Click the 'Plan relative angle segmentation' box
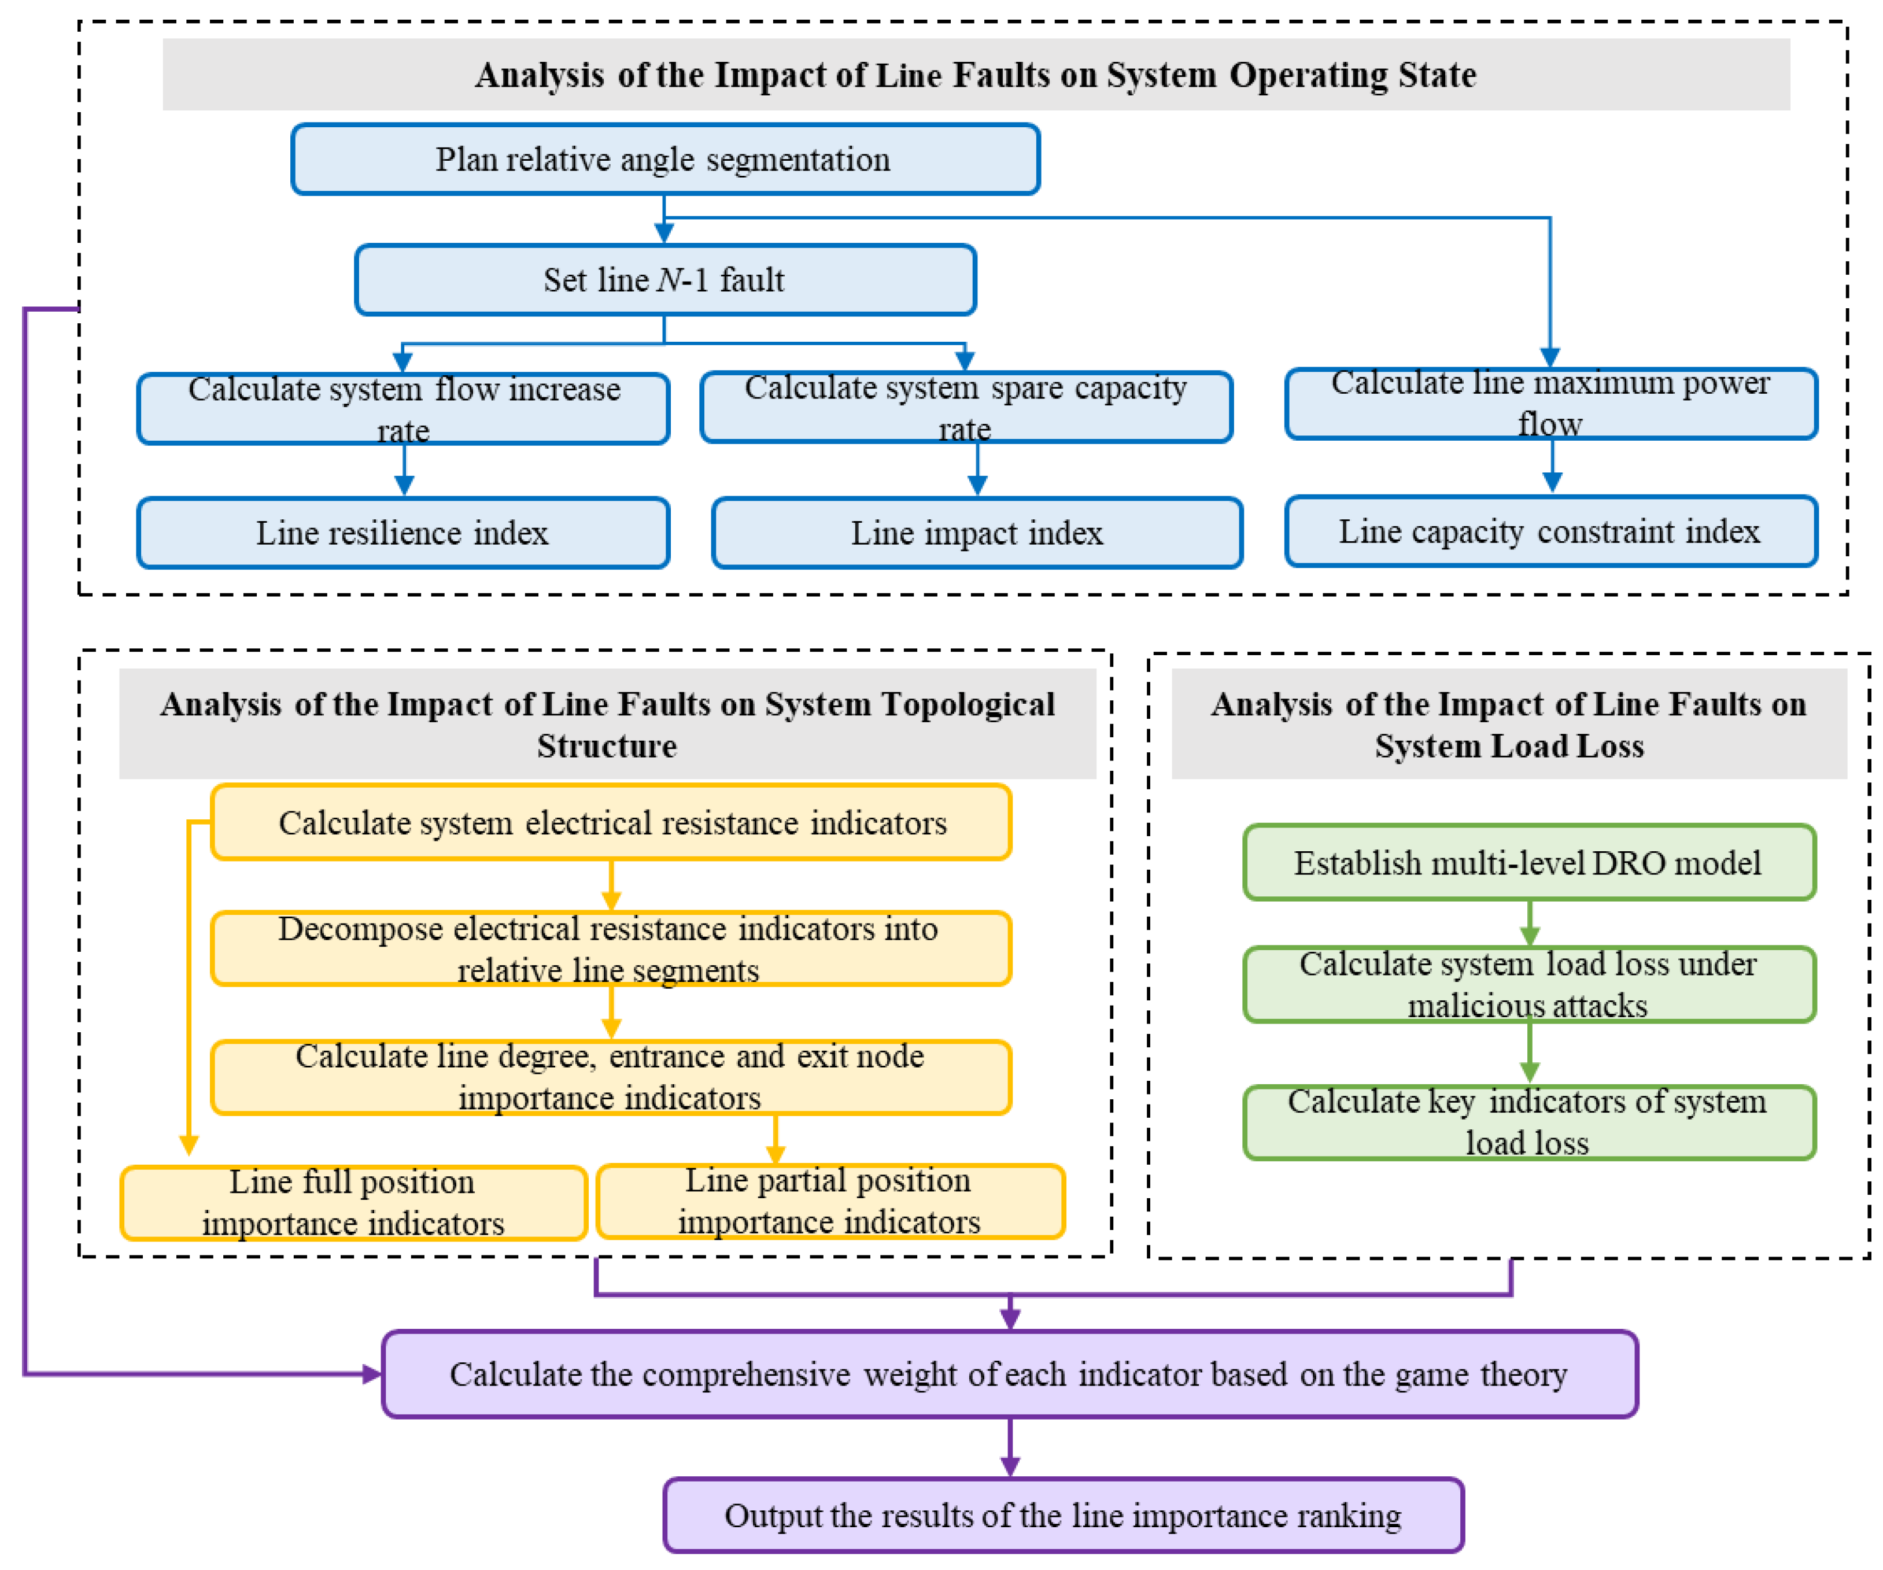tap(665, 160)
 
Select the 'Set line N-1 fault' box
tap(665, 280)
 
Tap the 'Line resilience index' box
tap(403, 533)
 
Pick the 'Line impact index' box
tap(976, 533)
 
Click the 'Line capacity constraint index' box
tap(1550, 531)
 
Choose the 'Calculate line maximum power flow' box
tap(1550, 404)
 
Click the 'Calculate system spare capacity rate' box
tap(966, 407)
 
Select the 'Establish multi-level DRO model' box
tap(1529, 863)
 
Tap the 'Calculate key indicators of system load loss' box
tap(1529, 1122)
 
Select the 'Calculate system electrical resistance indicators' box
tap(611, 822)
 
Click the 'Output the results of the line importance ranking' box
tap(1064, 1515)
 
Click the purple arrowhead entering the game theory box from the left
tap(370, 1373)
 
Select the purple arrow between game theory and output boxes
tap(1010, 1447)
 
